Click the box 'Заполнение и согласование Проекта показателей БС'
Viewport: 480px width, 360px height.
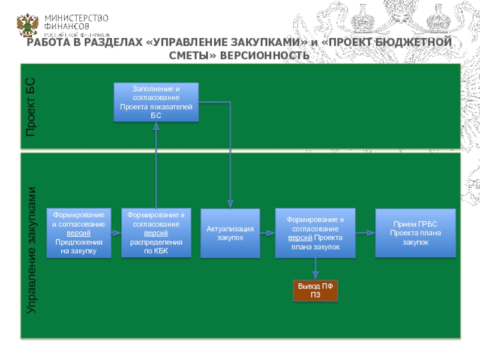(156, 102)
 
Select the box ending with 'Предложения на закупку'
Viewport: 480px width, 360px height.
(79, 233)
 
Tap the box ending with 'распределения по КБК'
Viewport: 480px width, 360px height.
(156, 233)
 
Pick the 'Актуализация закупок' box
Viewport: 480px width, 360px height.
(230, 233)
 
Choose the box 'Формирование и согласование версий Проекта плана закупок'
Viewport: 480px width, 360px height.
(315, 233)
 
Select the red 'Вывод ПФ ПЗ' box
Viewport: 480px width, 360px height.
(315, 290)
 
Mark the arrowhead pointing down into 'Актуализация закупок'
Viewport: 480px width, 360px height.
(230, 205)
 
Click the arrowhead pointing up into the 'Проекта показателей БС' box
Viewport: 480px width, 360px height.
(156, 124)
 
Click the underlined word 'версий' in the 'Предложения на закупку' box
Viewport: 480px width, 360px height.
(79, 232)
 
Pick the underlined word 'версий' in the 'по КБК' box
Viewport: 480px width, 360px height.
(156, 232)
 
